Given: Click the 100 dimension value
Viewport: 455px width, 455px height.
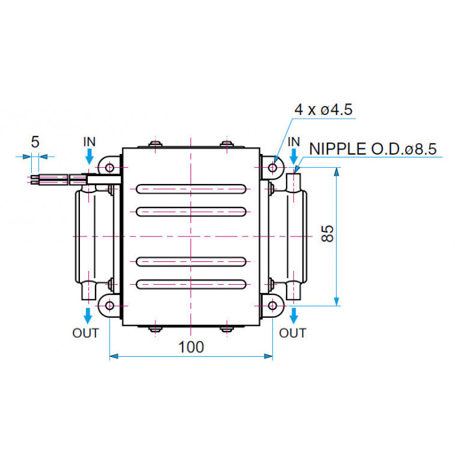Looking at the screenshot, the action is pos(191,346).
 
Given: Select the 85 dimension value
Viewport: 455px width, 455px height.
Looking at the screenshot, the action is pos(328,233).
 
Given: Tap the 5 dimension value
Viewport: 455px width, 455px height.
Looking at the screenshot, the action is pos(35,142).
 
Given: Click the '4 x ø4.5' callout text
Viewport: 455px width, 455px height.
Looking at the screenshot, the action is pos(323,110).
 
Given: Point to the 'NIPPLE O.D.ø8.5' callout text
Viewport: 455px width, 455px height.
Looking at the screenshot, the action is pos(373,149).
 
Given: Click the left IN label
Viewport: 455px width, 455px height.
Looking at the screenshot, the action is pos(89,142).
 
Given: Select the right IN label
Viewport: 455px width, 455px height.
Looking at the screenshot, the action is pos(294,142).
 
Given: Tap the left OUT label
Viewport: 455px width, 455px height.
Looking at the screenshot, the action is pos(86,333).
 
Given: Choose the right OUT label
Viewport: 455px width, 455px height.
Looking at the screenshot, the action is pos(292,333).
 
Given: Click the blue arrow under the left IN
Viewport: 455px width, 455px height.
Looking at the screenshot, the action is pos(90,157).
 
